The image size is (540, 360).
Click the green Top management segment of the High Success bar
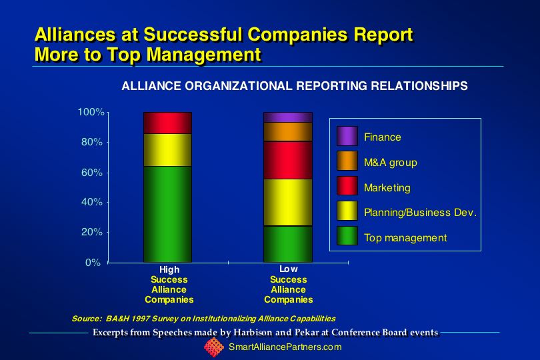(x=168, y=214)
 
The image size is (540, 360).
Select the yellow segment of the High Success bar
(x=168, y=150)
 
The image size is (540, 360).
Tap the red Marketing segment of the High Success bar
(x=168, y=123)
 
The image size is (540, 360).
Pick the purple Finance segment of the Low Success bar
(x=288, y=117)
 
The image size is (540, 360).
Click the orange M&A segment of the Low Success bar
(x=288, y=131)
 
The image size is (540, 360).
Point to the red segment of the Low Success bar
(x=288, y=160)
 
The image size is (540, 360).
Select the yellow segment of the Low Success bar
(x=288, y=203)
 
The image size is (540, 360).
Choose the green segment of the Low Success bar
(x=288, y=244)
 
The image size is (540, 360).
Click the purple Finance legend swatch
(x=347, y=136)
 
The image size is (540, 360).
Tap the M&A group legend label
(x=391, y=162)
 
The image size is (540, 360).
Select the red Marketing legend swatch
(x=347, y=186)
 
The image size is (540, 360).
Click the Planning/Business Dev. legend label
(x=420, y=213)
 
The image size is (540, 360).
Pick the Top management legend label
(x=405, y=238)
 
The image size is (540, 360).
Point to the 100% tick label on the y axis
(x=91, y=112)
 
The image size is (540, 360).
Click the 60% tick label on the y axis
(x=92, y=172)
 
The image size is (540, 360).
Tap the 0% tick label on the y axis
(x=93, y=263)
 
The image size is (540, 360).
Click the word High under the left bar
(x=169, y=270)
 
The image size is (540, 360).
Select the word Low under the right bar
(x=288, y=269)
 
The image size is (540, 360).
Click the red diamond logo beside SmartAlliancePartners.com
(x=214, y=347)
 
